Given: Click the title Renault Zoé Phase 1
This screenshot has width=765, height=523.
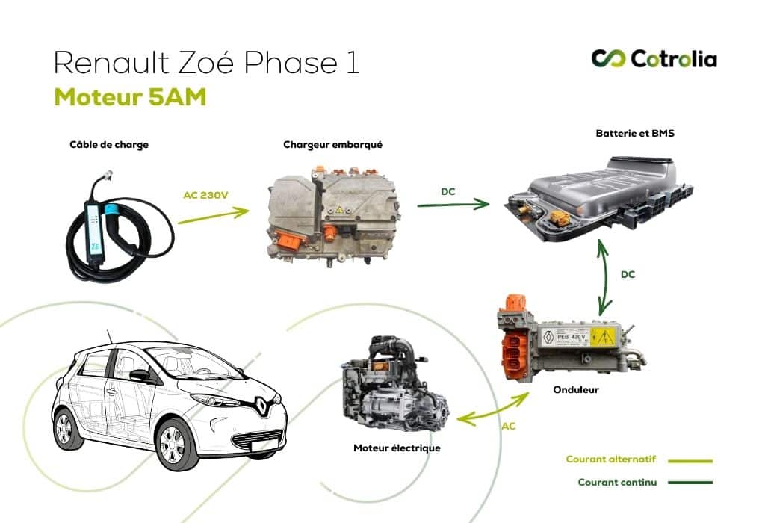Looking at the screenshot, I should coord(206,63).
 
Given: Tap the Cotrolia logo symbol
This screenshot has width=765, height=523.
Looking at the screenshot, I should coord(607,58).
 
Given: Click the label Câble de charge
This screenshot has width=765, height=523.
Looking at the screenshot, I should coord(109,145).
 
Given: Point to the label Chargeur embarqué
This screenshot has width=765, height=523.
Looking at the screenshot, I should coord(332,145).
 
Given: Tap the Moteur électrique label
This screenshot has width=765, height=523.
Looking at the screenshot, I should coord(397,448).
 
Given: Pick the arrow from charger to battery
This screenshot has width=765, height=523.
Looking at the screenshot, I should coord(453,203).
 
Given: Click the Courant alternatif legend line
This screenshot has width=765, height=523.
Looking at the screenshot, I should coord(690,461).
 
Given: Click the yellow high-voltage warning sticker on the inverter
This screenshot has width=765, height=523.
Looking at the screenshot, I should coord(601,337).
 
